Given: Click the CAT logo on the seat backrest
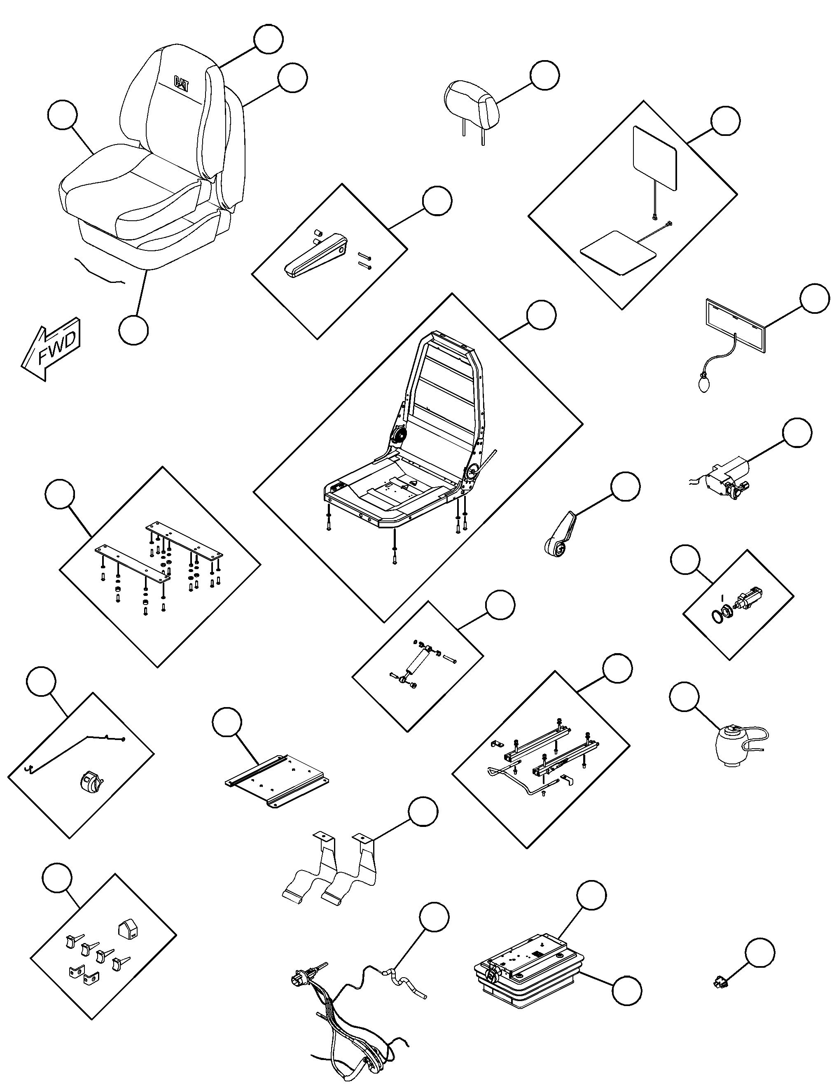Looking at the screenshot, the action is (x=182, y=83).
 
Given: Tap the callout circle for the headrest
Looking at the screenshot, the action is (x=544, y=75).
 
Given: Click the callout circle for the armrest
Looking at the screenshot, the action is (x=437, y=201).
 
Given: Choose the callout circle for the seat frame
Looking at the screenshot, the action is (x=541, y=315).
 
